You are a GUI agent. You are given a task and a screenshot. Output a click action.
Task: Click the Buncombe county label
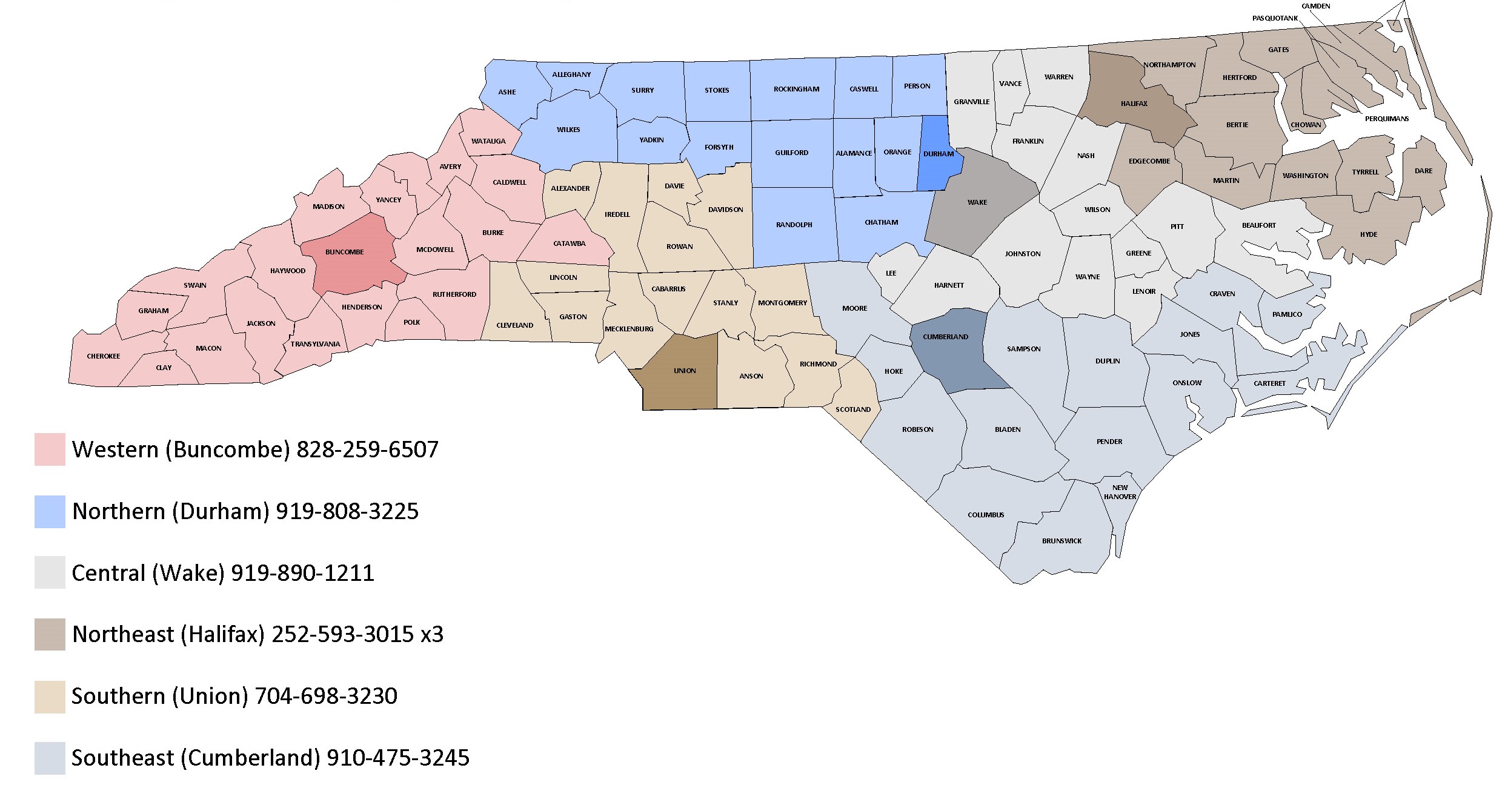(x=344, y=252)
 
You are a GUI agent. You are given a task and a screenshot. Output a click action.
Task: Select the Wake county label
(x=977, y=202)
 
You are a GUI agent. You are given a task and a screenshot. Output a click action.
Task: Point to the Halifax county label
(x=1134, y=104)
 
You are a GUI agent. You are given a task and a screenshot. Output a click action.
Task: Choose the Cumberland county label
(x=945, y=337)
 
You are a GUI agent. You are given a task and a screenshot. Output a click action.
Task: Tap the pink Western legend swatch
(x=50, y=449)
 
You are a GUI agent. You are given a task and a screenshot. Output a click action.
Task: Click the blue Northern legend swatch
(x=50, y=512)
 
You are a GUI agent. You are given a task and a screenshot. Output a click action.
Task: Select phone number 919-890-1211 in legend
(x=302, y=573)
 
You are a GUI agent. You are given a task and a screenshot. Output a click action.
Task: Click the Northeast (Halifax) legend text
(x=168, y=635)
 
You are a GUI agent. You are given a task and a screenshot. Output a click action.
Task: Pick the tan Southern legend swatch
(x=50, y=697)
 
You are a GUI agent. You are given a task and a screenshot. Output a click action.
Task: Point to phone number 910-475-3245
(x=397, y=758)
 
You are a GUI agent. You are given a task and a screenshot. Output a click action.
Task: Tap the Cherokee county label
(x=104, y=356)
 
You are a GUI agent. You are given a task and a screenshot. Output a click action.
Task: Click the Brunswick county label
(x=1061, y=541)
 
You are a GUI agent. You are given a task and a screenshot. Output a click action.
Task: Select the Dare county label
(x=1423, y=171)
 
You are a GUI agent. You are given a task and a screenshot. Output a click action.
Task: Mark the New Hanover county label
(x=1120, y=492)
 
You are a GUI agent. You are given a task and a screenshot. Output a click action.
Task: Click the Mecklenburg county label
(x=629, y=329)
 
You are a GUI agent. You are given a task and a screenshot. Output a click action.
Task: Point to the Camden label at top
(x=1316, y=6)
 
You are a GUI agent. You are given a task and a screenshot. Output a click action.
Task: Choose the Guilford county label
(x=791, y=153)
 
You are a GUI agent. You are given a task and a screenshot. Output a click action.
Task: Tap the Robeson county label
(x=917, y=429)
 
